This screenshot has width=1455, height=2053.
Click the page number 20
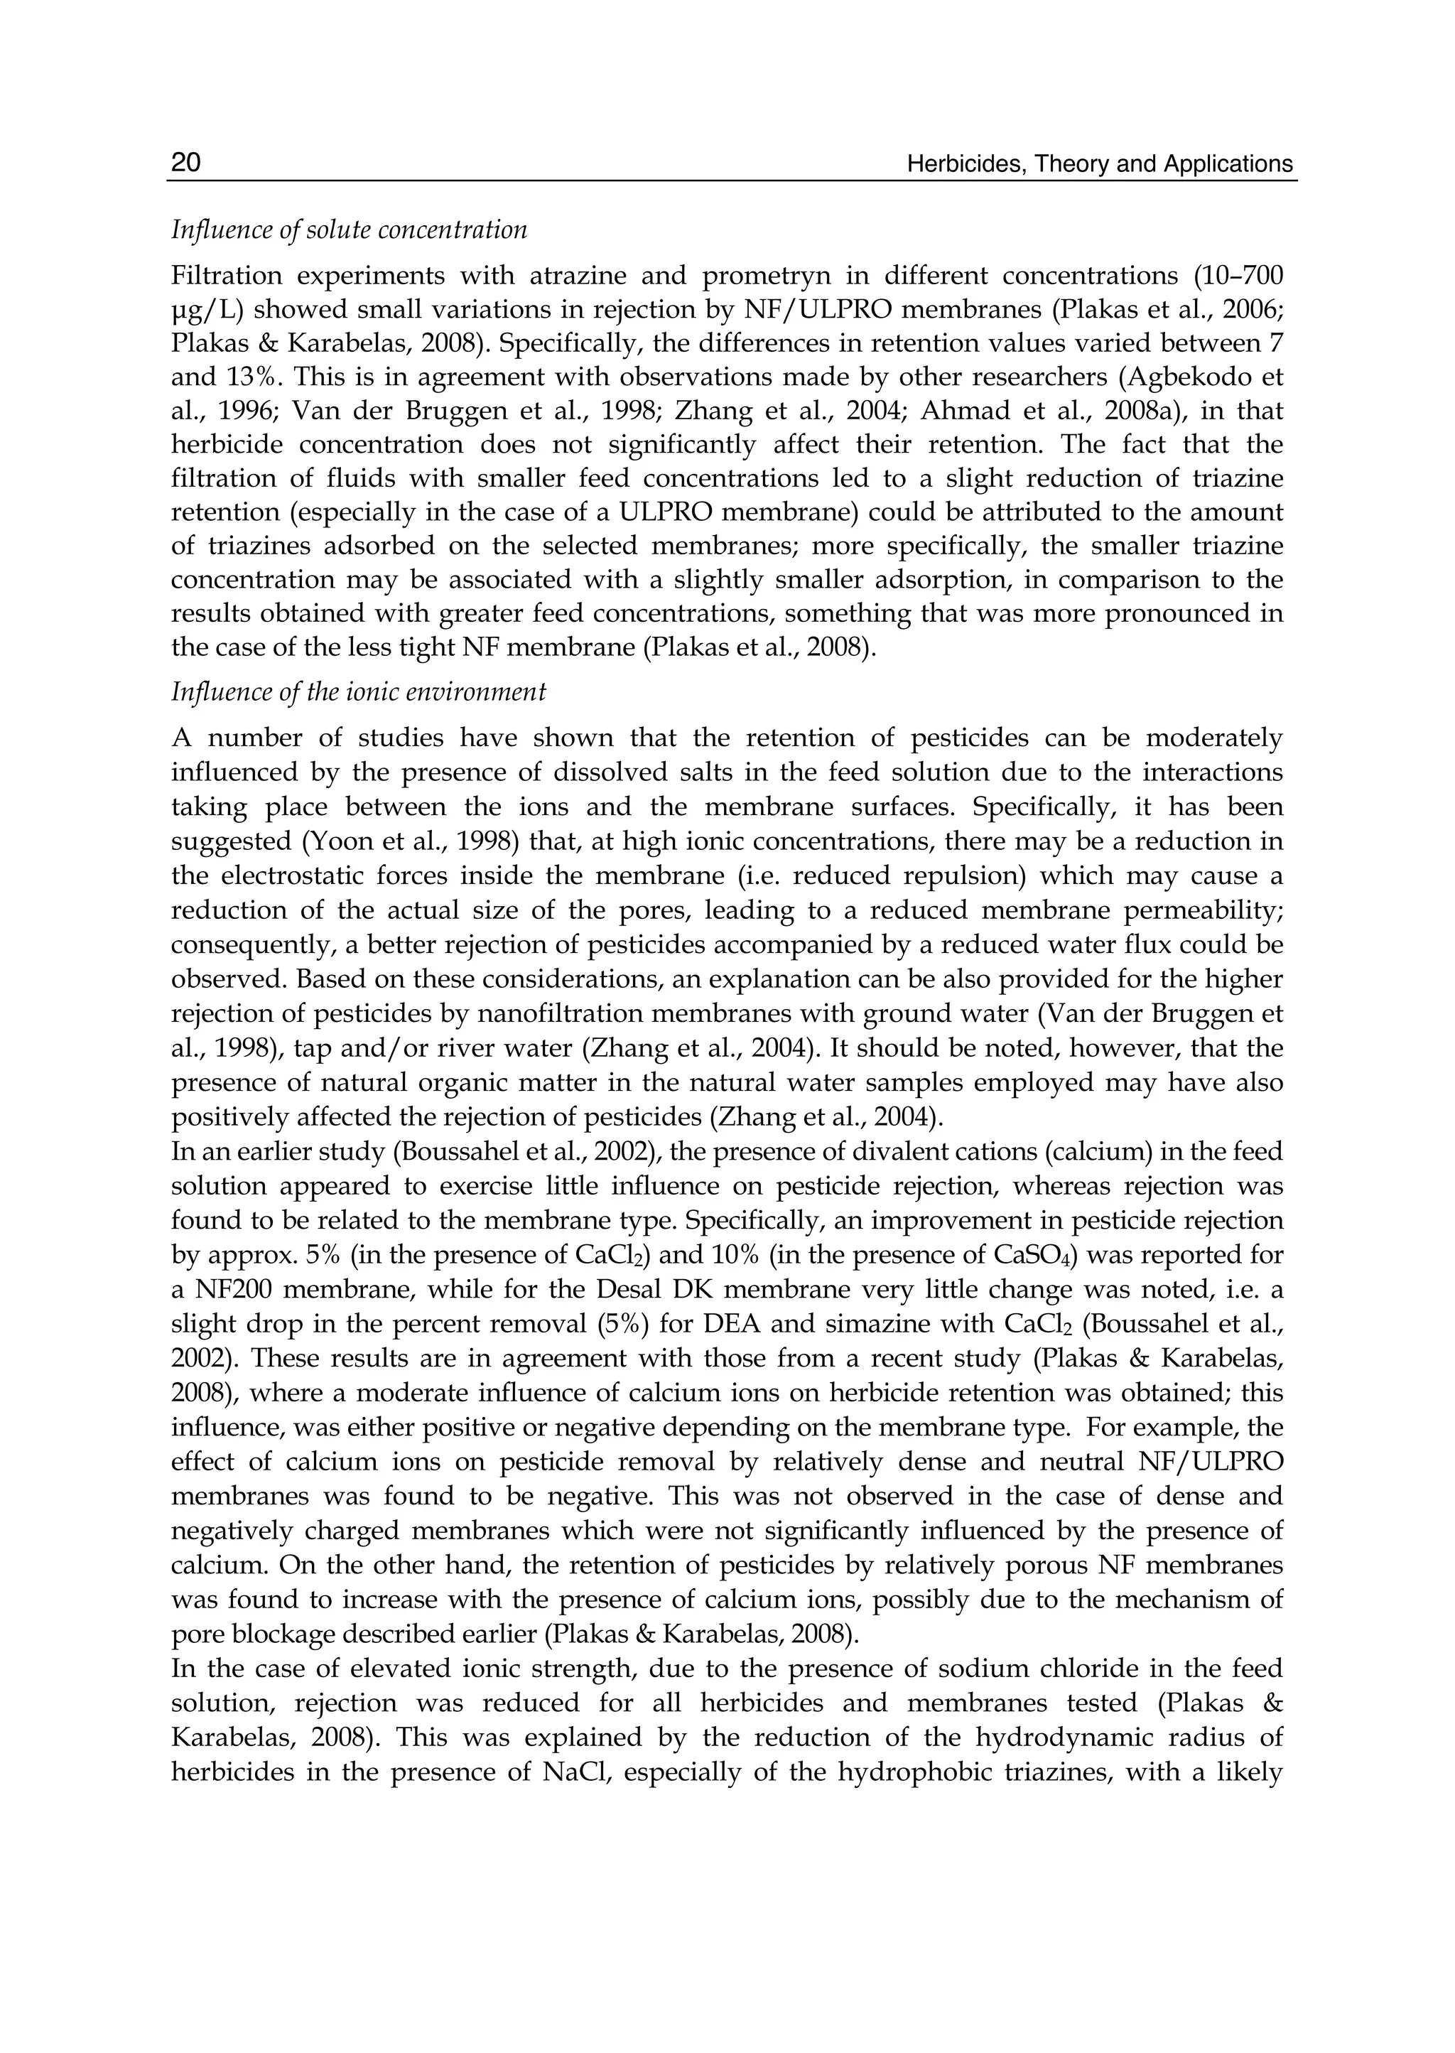(x=185, y=163)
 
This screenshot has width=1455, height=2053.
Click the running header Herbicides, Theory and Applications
(x=1099, y=164)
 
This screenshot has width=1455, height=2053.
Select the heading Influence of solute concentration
(x=349, y=230)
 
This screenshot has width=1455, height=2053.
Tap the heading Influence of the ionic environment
(x=358, y=693)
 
